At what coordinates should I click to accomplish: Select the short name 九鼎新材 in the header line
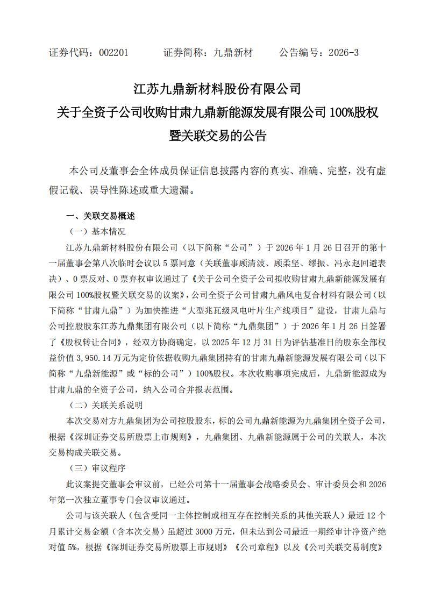click(x=233, y=53)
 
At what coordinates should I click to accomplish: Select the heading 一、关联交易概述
click(x=100, y=216)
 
